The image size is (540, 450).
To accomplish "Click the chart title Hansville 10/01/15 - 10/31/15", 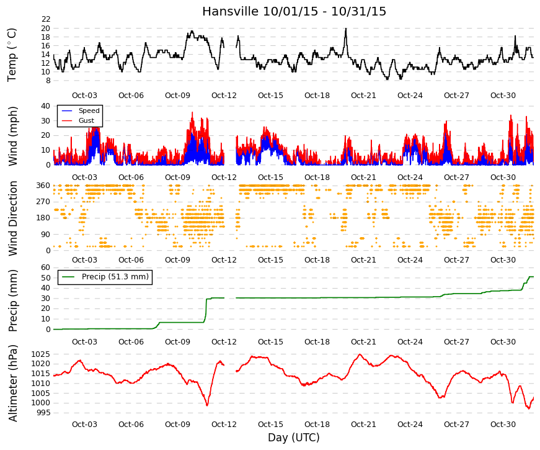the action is click(294, 11).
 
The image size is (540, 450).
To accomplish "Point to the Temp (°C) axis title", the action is click(12, 55).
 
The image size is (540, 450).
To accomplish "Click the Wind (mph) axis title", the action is click(12, 136).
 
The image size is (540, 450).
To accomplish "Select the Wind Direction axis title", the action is click(13, 218).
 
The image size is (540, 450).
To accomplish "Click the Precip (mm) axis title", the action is click(13, 300).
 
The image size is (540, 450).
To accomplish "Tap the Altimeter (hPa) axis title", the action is click(13, 383).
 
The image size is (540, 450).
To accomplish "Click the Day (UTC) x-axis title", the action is click(294, 438).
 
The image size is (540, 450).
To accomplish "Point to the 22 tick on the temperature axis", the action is click(46, 19).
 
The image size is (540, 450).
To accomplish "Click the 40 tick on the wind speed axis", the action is click(46, 106).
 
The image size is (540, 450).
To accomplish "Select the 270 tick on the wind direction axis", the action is click(44, 202).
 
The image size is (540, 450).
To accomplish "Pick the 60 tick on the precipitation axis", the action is click(46, 268).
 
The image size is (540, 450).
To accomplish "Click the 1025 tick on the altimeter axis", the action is click(41, 354).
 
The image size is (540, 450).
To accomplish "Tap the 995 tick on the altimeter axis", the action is click(43, 413).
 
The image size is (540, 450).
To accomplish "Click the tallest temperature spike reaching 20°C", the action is click(346, 29).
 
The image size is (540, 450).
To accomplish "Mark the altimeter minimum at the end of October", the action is click(529, 408).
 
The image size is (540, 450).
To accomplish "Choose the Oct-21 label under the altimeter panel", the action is click(363, 425).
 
